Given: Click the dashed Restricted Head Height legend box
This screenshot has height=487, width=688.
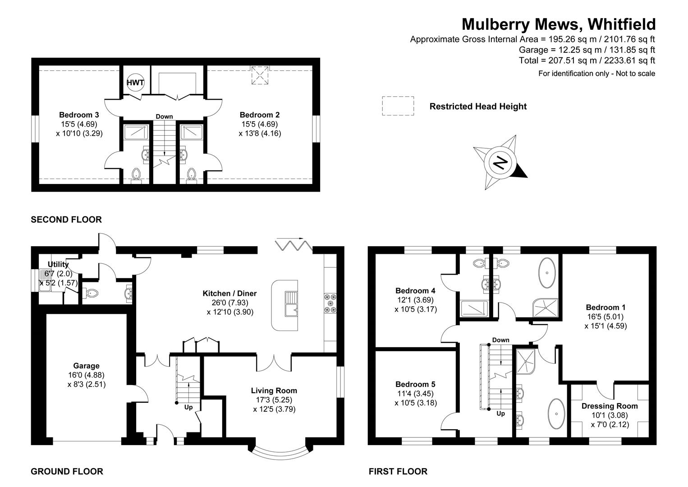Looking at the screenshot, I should tap(398, 106).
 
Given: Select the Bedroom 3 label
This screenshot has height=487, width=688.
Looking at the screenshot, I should tap(79, 115).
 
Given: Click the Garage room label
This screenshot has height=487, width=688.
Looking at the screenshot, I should tap(86, 366).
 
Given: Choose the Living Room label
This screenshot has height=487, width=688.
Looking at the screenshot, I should tap(274, 391).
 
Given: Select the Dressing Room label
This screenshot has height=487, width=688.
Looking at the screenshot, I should tap(610, 406).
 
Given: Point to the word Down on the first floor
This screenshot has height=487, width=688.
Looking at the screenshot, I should tap(501, 340).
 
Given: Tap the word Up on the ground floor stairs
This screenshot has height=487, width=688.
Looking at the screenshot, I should tap(188, 407).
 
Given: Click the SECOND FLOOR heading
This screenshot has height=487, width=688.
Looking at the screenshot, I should tap(66, 220).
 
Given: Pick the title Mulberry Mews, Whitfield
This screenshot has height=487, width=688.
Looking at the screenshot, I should tap(559, 24).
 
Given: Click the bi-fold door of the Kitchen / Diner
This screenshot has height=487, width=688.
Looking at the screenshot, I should tap(294, 245).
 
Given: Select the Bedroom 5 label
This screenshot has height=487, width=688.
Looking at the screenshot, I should tap(415, 384).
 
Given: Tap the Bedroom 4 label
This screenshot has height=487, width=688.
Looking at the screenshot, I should tap(415, 290).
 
